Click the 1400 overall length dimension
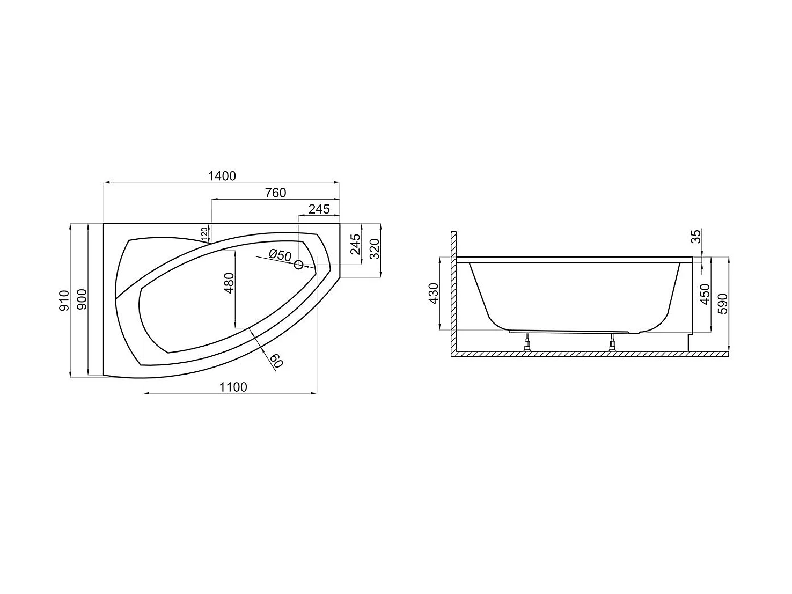pyautogui.click(x=222, y=176)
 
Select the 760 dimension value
pyautogui.click(x=275, y=193)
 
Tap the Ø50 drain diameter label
pyautogui.click(x=280, y=255)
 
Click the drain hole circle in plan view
pyautogui.click(x=299, y=264)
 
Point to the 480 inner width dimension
pyautogui.click(x=229, y=283)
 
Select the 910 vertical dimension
pyautogui.click(x=64, y=300)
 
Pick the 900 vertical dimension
pyautogui.click(x=82, y=300)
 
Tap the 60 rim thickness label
pyautogui.click(x=276, y=361)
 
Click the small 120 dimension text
pyautogui.click(x=204, y=233)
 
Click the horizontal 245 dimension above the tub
pyautogui.click(x=319, y=210)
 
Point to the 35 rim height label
pyautogui.click(x=696, y=237)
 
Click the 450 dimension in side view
pyautogui.click(x=705, y=294)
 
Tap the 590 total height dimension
pyautogui.click(x=722, y=304)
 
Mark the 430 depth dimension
pyautogui.click(x=434, y=293)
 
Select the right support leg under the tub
pyautogui.click(x=612, y=343)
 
